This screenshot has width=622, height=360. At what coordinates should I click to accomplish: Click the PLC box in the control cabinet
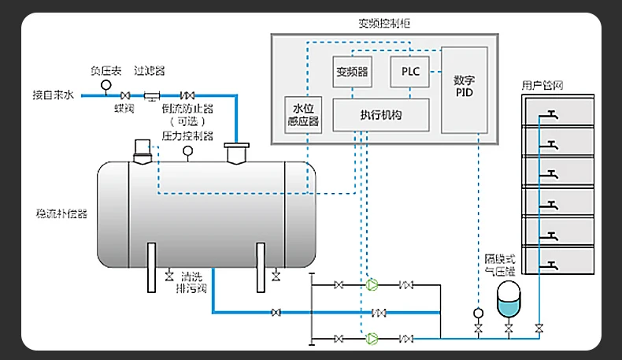click(410, 71)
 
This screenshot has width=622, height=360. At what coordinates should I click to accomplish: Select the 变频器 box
click(352, 72)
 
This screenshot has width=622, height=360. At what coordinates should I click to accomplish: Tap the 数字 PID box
click(464, 87)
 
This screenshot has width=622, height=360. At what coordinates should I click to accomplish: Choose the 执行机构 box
click(381, 114)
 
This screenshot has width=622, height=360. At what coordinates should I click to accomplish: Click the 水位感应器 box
click(303, 115)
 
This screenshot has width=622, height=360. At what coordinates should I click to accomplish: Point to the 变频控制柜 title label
click(383, 24)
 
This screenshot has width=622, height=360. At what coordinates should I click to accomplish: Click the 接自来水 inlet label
click(54, 95)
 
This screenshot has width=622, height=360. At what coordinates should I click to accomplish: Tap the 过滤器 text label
click(150, 70)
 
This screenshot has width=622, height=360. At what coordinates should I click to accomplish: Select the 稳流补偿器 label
click(61, 213)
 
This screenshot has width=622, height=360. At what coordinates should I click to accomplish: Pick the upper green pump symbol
click(372, 284)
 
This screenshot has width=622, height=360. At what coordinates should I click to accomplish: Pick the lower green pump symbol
click(372, 339)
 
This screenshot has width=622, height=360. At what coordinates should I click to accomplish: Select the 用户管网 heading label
click(542, 85)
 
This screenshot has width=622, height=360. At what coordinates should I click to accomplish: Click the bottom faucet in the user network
click(554, 262)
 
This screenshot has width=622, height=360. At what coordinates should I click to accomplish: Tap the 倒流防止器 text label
click(187, 109)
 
